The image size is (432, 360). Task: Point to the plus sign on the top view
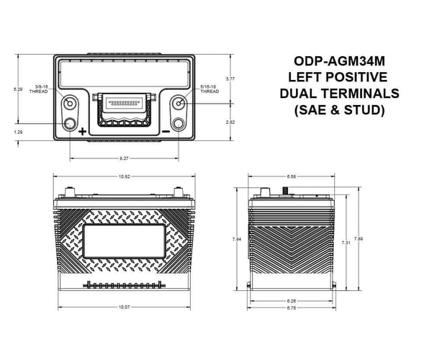tap(82, 132)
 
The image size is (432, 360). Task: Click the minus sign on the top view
tap(166, 132)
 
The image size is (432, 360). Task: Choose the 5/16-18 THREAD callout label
tap(210, 90)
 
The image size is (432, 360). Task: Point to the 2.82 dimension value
tap(230, 122)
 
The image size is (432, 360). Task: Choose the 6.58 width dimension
tap(291, 176)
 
